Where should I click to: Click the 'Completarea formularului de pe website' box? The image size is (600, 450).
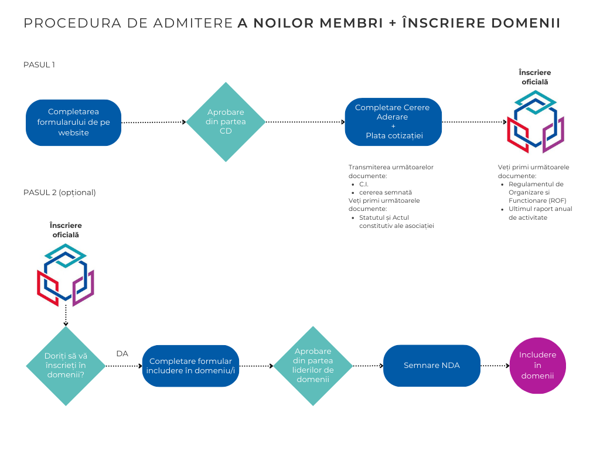[x=73, y=122]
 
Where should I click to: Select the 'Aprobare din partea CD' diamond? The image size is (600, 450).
[x=226, y=122]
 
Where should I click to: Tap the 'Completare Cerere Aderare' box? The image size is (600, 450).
[x=393, y=122]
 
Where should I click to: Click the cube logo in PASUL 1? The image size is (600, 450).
[x=536, y=122]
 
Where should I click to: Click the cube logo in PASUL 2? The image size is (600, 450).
[x=66, y=275]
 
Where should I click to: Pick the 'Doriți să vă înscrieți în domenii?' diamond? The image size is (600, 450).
[x=66, y=366]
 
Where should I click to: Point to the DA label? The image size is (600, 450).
[x=122, y=353]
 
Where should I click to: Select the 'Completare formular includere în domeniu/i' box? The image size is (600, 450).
[x=190, y=366]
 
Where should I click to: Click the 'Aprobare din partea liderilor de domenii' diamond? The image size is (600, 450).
[x=313, y=366]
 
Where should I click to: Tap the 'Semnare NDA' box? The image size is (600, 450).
[x=432, y=366]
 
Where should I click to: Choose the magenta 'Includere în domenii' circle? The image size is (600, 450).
[x=538, y=366]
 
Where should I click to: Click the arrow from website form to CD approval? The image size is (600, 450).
[x=154, y=122]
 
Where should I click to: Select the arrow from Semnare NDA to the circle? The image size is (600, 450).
[x=495, y=366]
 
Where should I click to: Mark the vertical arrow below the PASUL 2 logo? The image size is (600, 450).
[x=66, y=316]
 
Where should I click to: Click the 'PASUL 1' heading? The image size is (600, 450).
[x=39, y=64]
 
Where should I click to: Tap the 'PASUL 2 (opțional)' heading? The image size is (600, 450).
[x=60, y=192]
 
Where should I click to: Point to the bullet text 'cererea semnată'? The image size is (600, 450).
[x=386, y=192]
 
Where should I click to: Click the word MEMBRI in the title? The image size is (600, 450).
[x=352, y=23]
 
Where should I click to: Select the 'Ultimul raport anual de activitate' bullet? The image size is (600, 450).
[x=540, y=213]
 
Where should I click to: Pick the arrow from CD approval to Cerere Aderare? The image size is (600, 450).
[x=305, y=122]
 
